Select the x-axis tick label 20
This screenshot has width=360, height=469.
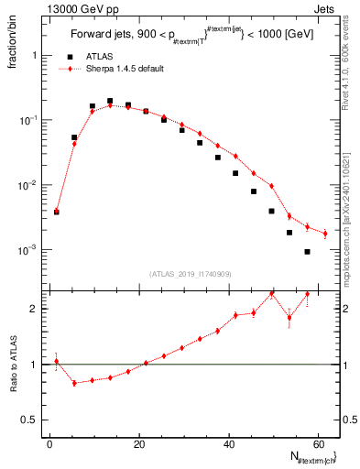click(x=139, y=443)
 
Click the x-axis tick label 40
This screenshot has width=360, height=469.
click(x=229, y=443)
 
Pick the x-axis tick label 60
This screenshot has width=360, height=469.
click(x=318, y=443)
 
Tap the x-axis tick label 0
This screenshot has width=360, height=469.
click(x=50, y=443)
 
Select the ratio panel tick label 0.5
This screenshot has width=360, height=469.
click(x=35, y=420)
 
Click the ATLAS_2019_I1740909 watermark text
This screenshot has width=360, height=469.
click(x=191, y=273)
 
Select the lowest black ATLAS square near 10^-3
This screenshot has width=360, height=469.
click(x=308, y=252)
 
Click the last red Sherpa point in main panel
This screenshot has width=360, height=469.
click(x=325, y=234)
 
